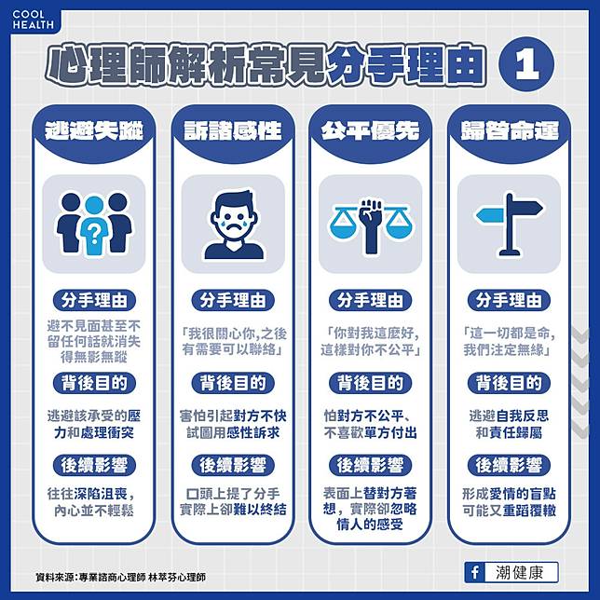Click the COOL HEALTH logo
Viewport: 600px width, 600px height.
[x=33, y=20]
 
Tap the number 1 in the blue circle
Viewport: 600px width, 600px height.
[x=526, y=65]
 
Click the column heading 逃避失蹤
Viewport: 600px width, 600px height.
[x=94, y=131]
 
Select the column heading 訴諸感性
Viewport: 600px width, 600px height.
[x=233, y=131]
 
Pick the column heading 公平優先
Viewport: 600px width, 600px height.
[x=370, y=131]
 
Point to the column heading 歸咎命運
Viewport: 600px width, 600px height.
[x=510, y=131]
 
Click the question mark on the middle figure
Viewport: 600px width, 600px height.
[x=94, y=234]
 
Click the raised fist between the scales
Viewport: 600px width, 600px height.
[x=371, y=226]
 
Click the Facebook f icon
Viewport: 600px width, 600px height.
[x=474, y=573]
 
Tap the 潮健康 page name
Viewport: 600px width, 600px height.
[x=520, y=573]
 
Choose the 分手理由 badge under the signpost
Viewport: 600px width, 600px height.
[x=509, y=300]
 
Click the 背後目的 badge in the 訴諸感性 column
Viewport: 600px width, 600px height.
[x=233, y=383]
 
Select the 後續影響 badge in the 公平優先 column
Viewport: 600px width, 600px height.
[x=370, y=466]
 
